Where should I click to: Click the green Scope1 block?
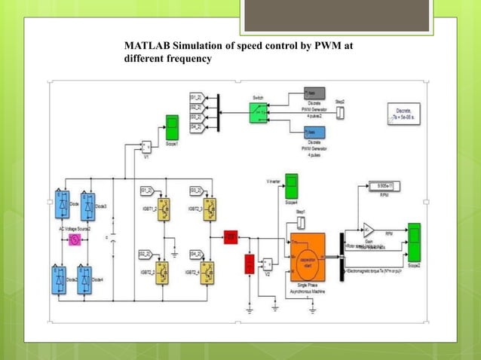[x=172, y=124]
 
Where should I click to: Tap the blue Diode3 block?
[x=90, y=204]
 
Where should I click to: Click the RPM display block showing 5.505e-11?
[x=385, y=185]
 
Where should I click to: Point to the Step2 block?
[x=339, y=112]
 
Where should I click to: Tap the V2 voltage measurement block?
[x=268, y=264]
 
